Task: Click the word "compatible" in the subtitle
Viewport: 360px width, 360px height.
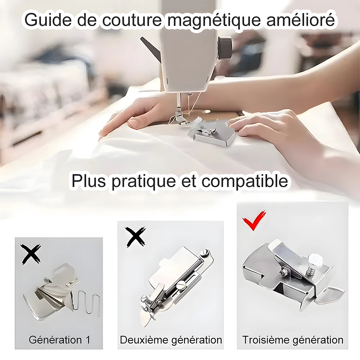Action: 245,182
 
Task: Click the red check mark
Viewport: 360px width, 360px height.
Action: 254,220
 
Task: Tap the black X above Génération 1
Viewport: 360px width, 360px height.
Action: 31,254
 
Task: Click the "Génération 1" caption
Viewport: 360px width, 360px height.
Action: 59,339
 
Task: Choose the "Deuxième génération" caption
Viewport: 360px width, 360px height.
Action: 171,340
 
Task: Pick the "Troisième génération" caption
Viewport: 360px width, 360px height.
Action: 293,340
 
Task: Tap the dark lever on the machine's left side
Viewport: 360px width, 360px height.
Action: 151,49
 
